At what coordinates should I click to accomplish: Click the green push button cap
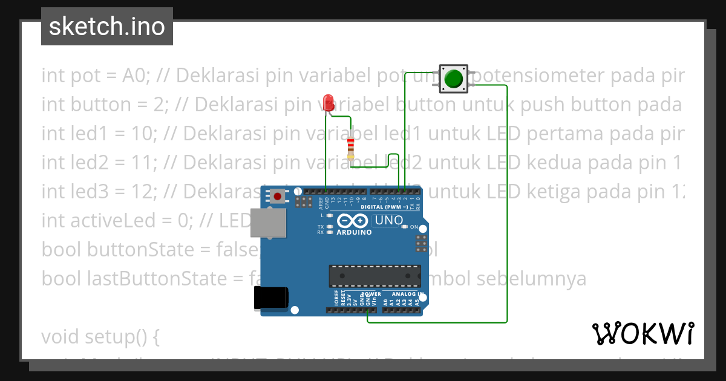click(x=453, y=79)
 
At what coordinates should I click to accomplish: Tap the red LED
click(x=329, y=102)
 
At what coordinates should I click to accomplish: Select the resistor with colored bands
click(x=351, y=148)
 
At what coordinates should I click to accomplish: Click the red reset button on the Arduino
click(x=278, y=196)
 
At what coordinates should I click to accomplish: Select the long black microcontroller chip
click(x=374, y=275)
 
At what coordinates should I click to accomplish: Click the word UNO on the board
click(x=388, y=221)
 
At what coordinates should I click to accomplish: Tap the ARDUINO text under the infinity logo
click(x=354, y=232)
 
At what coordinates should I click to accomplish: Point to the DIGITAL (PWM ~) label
click(x=385, y=207)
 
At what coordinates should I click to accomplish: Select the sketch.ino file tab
click(x=107, y=27)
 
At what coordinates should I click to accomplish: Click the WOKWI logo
click(x=643, y=333)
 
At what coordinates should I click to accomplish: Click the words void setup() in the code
click(x=100, y=336)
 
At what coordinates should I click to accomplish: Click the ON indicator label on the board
click(x=414, y=227)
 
